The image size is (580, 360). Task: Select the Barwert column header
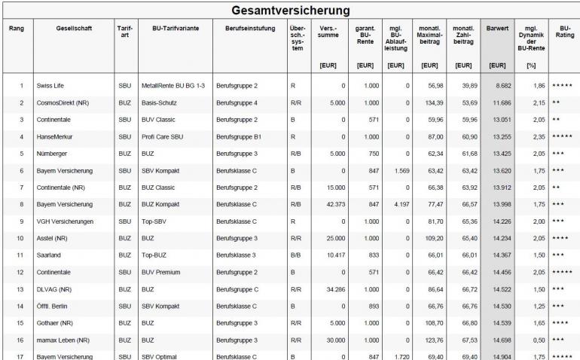497,35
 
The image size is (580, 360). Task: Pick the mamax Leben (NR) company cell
62,340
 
